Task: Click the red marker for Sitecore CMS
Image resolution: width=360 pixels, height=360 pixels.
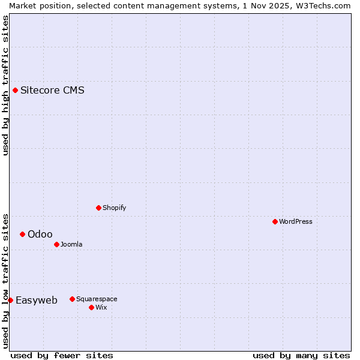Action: tap(16, 91)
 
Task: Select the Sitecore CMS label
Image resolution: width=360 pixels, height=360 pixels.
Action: tap(52, 91)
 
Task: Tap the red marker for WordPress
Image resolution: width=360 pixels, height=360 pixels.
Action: tap(275, 221)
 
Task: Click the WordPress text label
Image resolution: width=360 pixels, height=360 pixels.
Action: tap(296, 221)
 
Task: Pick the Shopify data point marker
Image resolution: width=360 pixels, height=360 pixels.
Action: tap(99, 208)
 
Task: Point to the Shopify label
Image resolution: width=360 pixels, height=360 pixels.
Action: tap(115, 208)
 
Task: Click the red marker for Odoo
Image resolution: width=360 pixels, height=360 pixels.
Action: tap(23, 234)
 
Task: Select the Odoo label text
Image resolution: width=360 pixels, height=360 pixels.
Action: tap(40, 234)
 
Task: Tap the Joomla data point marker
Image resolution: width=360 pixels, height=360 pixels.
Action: tap(57, 244)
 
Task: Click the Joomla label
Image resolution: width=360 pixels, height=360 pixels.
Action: tap(71, 244)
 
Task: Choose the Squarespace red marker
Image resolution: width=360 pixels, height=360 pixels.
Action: tap(73, 299)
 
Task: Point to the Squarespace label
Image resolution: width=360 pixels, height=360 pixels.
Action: tap(97, 299)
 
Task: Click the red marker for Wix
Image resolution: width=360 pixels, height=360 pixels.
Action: tap(92, 307)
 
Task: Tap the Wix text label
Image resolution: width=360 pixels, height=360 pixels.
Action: tap(101, 307)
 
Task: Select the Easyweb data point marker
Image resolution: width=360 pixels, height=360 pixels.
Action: tap(11, 300)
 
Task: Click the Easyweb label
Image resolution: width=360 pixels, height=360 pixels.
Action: tap(37, 300)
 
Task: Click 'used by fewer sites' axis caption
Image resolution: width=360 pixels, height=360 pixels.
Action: tap(62, 355)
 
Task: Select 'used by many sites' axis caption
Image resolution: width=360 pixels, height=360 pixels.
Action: tap(301, 355)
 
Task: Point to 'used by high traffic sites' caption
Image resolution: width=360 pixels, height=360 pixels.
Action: tap(5, 85)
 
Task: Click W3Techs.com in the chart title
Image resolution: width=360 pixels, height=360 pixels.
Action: tap(322, 5)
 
